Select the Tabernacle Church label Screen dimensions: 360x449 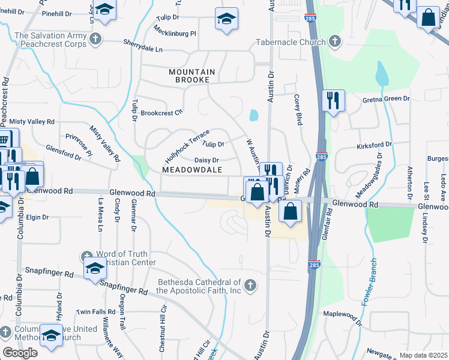tap(290, 42)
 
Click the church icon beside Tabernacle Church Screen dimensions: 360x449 tap(334, 41)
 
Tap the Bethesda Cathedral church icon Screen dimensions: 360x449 tap(250, 285)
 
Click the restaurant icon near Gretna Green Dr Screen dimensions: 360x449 tap(333, 101)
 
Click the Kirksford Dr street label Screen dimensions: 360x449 tap(373, 145)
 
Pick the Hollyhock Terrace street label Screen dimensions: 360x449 tap(187, 147)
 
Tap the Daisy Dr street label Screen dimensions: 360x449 tap(206, 160)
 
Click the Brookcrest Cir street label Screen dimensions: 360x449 tap(161, 113)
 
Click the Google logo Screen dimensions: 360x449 tap(20, 353)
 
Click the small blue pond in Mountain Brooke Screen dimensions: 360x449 tap(253, 115)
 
